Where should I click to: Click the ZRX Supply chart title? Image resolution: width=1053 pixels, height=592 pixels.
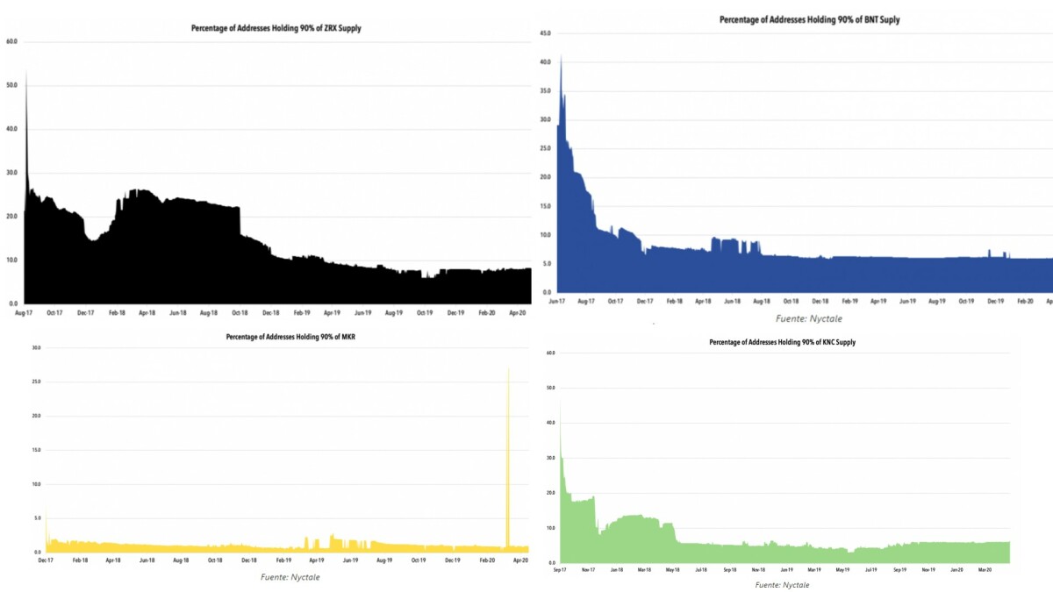point(276,28)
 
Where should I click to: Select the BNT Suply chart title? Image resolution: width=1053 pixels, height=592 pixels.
point(809,19)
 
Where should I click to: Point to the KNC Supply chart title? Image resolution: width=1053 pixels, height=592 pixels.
point(783,342)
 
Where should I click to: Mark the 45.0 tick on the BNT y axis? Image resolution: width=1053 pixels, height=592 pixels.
point(545,33)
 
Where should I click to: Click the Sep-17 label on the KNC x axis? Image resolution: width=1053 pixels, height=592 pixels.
point(559,570)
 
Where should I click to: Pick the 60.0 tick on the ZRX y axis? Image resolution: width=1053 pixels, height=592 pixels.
point(12,41)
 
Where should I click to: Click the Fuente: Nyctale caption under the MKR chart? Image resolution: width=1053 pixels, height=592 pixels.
point(290,577)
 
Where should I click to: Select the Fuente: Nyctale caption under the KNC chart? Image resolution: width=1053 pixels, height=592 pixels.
point(782,584)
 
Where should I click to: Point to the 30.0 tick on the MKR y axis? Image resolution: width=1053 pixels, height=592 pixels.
point(36,348)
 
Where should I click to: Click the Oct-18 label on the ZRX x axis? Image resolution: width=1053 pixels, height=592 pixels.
point(239,312)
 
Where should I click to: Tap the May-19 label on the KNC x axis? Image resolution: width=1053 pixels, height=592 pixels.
point(842,570)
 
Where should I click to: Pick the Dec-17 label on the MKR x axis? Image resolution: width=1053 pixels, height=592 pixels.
point(47,560)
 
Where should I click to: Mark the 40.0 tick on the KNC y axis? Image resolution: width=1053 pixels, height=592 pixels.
point(550,423)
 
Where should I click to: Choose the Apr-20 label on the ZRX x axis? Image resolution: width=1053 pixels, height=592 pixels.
point(518,312)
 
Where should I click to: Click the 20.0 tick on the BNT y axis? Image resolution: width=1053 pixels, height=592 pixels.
point(545,177)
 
